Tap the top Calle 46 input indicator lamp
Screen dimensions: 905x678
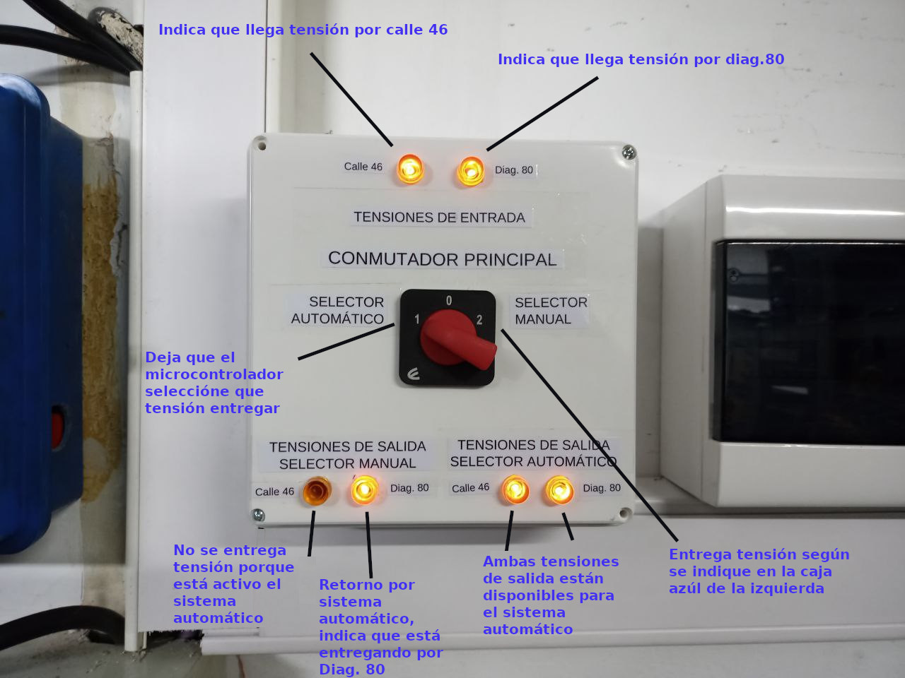tap(410, 169)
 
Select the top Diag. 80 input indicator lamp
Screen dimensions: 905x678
tap(470, 171)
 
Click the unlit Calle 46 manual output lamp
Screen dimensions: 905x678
tap(317, 491)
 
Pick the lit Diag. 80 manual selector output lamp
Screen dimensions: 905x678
tap(364, 490)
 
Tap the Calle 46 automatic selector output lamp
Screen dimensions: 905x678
tap(515, 489)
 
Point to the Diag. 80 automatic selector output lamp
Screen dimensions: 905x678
tap(559, 490)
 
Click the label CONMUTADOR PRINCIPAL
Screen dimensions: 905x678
tap(443, 259)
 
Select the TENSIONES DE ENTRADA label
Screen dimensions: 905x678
tap(440, 217)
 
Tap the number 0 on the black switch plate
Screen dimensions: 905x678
tap(448, 301)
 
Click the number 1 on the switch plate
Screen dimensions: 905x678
tap(417, 319)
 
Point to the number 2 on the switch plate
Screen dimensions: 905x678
tap(479, 320)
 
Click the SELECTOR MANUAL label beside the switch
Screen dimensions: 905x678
tap(551, 311)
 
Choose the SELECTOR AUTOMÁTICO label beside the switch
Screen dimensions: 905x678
tap(338, 310)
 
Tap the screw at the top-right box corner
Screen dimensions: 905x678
tap(629, 153)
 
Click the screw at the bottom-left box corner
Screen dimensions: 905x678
tap(258, 515)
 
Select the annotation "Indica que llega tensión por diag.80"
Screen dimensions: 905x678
tap(641, 59)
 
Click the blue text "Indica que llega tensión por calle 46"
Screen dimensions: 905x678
tap(303, 30)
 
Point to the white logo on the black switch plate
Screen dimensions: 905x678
tap(413, 374)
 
